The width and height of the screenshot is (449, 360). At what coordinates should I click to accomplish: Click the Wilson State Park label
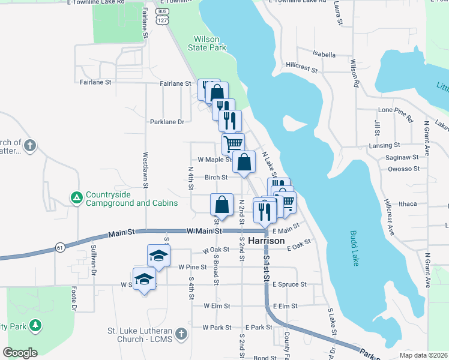203,43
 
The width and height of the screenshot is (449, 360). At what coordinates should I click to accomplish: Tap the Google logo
20,353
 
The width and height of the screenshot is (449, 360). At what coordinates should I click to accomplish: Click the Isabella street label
324,55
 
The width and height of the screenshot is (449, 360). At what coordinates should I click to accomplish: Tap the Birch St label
216,178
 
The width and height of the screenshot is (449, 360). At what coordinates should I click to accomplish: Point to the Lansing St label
385,145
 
